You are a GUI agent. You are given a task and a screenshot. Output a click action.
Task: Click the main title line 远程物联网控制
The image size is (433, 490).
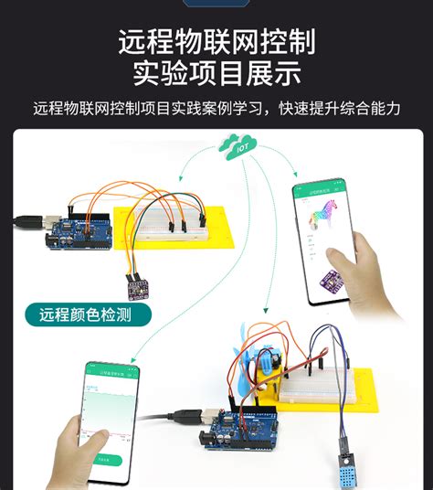(216, 42)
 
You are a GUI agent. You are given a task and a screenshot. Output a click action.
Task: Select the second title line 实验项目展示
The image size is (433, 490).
(216, 73)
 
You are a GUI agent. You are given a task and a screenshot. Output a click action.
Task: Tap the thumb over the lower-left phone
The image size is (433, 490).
(74, 428)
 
